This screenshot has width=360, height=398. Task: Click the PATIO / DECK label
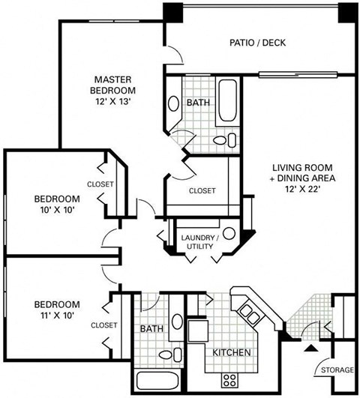pos(257,43)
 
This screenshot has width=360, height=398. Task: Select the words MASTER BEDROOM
pos(113,84)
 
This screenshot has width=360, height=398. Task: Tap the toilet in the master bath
pos(224,139)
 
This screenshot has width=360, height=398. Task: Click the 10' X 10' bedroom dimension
pos(57,211)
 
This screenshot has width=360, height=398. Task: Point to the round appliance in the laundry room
pos(228,234)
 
